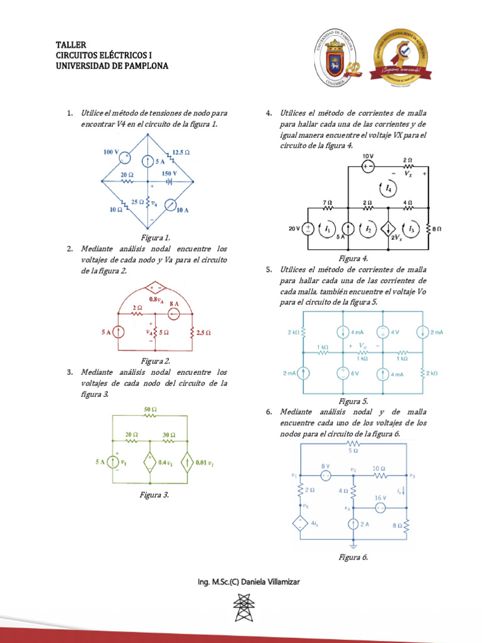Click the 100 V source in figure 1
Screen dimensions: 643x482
(125, 157)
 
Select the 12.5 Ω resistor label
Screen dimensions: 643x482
(181, 153)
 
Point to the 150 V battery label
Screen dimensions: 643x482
(169, 173)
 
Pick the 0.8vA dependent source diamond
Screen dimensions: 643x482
(153, 289)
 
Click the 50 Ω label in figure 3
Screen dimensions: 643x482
(150, 409)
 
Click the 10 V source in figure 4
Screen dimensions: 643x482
(368, 166)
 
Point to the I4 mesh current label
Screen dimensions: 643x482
(389, 187)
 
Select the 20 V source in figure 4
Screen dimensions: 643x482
(309, 229)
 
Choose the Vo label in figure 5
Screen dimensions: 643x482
(362, 346)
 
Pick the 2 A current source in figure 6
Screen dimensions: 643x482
(353, 524)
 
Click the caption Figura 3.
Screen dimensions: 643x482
(154, 495)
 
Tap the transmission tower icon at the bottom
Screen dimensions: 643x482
(241, 608)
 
